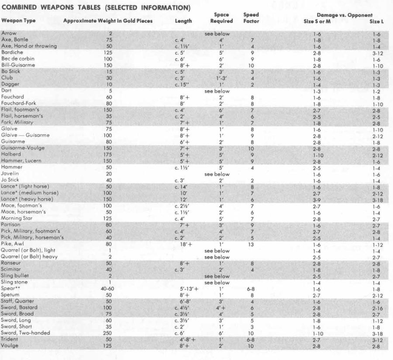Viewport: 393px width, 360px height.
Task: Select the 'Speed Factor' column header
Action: pyautogui.click(x=251, y=17)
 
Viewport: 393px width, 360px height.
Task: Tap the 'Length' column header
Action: pyautogui.click(x=183, y=21)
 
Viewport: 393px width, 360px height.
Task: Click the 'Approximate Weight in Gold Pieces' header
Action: pyautogui.click(x=107, y=21)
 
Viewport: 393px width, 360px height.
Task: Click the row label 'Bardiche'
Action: pyautogui.click(x=12, y=52)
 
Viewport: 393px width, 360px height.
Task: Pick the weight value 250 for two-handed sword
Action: pyautogui.click(x=107, y=333)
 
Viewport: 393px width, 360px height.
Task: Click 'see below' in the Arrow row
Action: pyautogui.click(x=217, y=33)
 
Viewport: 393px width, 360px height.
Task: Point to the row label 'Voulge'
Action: pyautogui.click(x=10, y=346)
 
